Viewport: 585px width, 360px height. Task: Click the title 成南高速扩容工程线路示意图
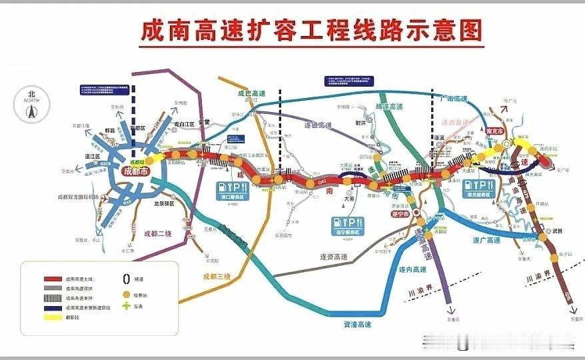[x=310, y=29]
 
